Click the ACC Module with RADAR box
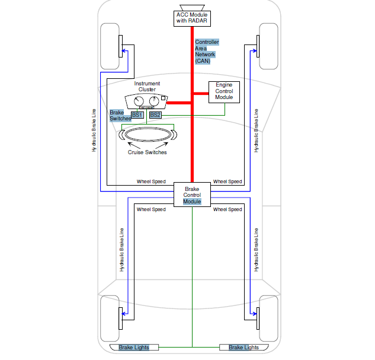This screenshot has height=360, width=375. pos(192,18)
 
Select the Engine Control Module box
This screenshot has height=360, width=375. pos(224,91)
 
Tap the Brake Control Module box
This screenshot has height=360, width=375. pos(192,195)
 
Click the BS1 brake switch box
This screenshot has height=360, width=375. pos(137,114)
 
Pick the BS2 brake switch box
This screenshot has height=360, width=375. pos(155,114)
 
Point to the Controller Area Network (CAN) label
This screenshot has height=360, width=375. pos(207,52)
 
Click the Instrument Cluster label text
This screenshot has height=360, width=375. pos(147,87)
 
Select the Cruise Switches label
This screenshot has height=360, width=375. pos(147,152)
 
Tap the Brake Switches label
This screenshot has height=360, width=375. pos(120,115)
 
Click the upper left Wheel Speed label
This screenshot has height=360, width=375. pos(151,181)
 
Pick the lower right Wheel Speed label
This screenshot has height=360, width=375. pos(227,209)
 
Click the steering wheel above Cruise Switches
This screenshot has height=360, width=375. pos(148,135)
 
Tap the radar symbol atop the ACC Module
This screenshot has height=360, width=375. pos(192,6)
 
